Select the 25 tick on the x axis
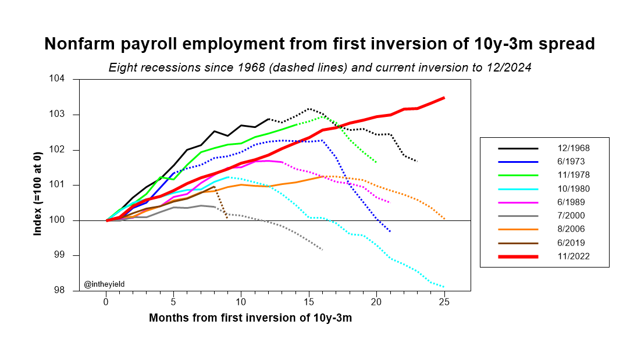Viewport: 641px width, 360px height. [x=444, y=302]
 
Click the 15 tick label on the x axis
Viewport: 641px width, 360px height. [x=309, y=302]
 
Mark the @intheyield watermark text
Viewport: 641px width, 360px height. [x=104, y=284]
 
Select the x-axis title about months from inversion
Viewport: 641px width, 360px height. [x=250, y=318]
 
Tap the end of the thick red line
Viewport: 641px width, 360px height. [x=444, y=98]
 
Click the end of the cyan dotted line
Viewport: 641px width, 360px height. [x=444, y=287]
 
